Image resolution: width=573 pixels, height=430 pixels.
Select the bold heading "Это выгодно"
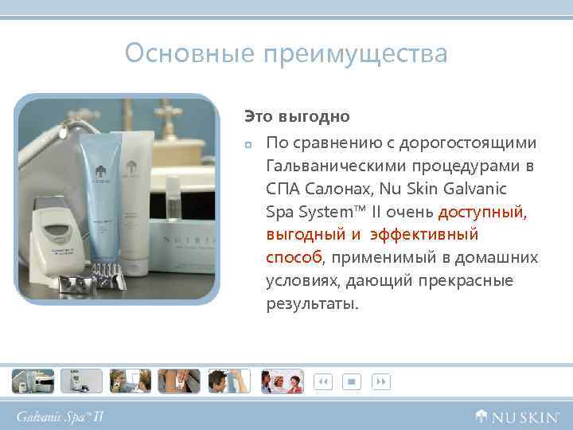(297, 116)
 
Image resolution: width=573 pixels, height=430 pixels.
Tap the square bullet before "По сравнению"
(248, 144)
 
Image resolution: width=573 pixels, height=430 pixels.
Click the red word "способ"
(294, 258)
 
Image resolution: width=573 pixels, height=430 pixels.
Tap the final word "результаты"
(312, 304)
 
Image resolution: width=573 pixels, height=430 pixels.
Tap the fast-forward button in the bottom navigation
(381, 382)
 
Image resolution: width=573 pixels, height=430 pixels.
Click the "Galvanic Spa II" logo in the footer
(61, 416)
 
